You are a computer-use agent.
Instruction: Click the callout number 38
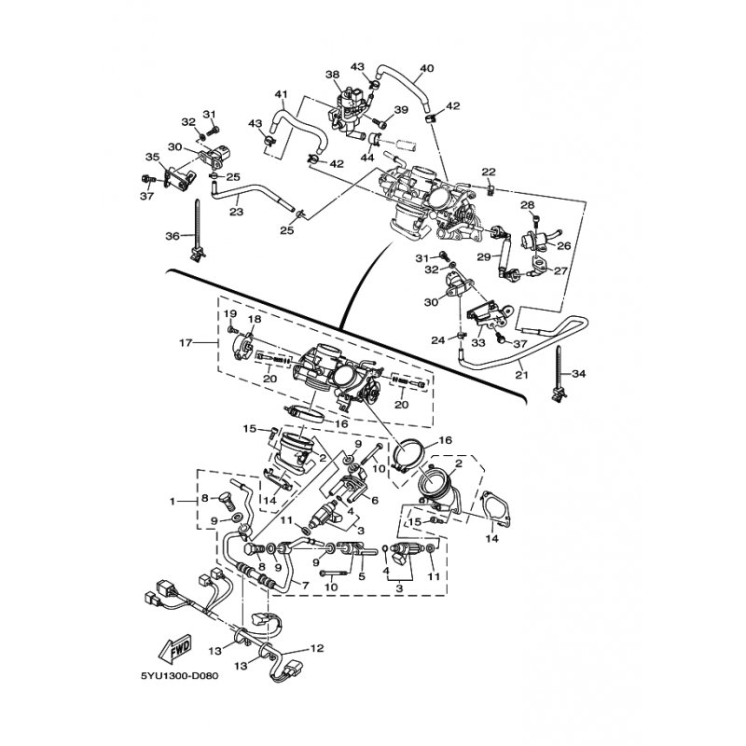tap(332, 74)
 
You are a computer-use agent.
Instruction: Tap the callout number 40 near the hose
tap(428, 68)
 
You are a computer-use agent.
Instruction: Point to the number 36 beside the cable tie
tap(173, 236)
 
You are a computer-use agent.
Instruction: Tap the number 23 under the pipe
tap(235, 213)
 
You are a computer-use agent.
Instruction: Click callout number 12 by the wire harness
tap(316, 648)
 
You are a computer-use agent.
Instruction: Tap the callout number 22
tap(488, 172)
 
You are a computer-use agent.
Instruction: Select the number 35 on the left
tap(152, 157)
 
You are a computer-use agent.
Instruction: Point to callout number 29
tap(483, 256)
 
